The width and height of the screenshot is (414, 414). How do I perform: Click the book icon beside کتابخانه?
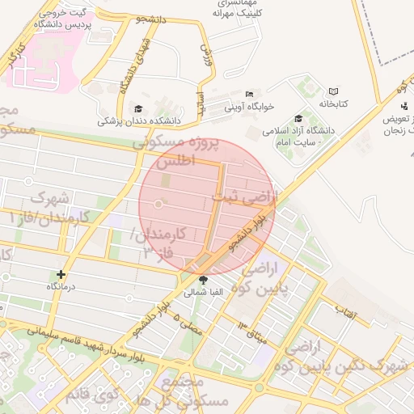333,92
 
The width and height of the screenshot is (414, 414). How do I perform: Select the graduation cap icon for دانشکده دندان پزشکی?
138,108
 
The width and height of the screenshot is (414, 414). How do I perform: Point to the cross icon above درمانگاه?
61,275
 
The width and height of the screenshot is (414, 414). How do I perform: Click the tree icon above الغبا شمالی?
202,281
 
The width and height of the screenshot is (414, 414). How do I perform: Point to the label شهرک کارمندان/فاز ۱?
55,208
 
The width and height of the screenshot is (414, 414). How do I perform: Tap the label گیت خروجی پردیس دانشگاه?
63,19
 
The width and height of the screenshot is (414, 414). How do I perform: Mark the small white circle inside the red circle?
158,205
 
